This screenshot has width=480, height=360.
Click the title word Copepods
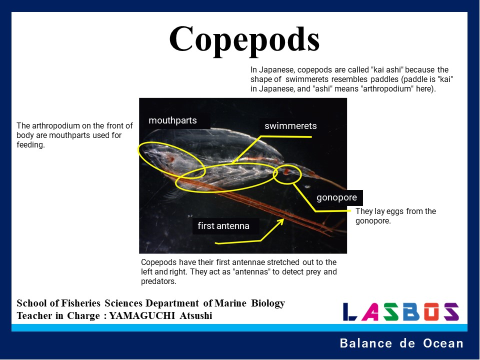[244, 40]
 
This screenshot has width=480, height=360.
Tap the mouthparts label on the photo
[172, 120]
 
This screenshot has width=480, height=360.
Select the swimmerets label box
[290, 126]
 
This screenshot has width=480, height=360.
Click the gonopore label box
[336, 198]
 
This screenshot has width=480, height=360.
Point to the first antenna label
[223, 226]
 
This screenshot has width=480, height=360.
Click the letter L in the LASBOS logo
[349, 311]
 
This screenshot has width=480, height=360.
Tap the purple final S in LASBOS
[451, 311]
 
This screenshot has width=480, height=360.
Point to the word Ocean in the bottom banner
[443, 343]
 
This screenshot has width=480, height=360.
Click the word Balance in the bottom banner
[366, 343]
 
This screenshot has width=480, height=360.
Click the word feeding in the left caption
[30, 145]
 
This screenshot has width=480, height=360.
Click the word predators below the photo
[158, 281]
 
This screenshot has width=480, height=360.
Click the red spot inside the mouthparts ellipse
[170, 159]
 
